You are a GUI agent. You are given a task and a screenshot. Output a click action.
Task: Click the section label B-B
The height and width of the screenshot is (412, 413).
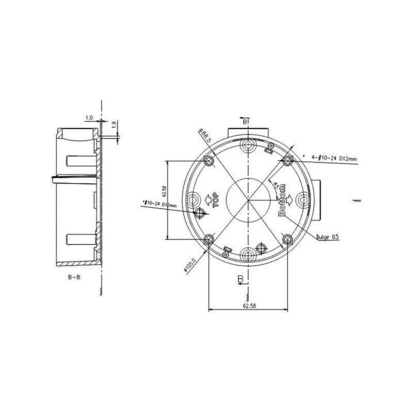[74, 277]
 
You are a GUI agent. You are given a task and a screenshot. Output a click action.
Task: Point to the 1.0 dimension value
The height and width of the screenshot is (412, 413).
[89, 118]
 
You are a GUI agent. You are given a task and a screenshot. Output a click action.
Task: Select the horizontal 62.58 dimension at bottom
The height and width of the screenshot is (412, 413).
[248, 306]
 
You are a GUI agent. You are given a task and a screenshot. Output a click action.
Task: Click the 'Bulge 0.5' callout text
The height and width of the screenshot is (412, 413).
[327, 237]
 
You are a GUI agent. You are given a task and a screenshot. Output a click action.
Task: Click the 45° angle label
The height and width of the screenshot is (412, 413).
[277, 185]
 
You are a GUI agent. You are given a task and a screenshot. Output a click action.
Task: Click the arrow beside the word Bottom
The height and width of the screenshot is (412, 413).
[291, 199]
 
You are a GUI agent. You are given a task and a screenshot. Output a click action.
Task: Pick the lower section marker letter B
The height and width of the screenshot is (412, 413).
[240, 279]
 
